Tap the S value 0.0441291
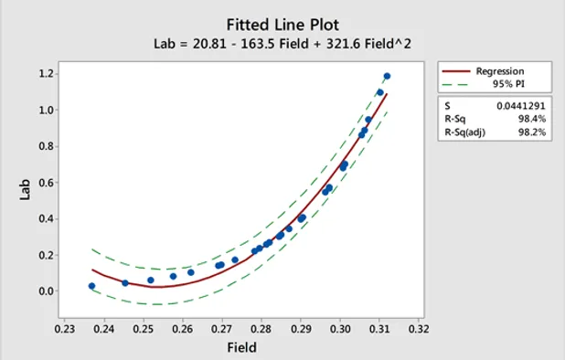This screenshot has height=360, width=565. pyautogui.click(x=527, y=107)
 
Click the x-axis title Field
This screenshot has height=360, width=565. pyautogui.click(x=241, y=347)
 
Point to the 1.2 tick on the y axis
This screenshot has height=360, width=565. pyautogui.click(x=45, y=73)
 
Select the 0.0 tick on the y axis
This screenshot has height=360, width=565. pyautogui.click(x=45, y=291)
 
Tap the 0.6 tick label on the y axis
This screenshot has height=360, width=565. pyautogui.click(x=45, y=183)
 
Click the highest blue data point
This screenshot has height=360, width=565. pyautogui.click(x=387, y=77)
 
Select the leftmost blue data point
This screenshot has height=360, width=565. pyautogui.click(x=91, y=286)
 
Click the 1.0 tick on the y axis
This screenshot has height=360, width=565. pyautogui.click(x=45, y=110)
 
